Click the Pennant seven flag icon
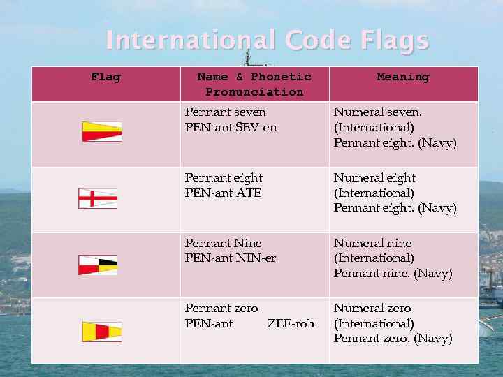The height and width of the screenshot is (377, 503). pos(102,132)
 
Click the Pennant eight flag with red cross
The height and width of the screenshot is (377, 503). pos(98,199)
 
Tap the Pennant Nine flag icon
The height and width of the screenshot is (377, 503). pos(98,265)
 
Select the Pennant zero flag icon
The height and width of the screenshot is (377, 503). pos(102,332)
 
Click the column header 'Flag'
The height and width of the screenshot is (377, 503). pos(105,77)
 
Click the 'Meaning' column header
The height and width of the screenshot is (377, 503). pos(403,77)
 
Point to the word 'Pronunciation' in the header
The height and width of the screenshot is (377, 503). pos(254,92)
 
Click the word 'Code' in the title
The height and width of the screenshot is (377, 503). pos(318,40)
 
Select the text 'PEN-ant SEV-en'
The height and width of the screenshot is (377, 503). pos(231,127)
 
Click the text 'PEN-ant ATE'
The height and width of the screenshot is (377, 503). pos(223,193)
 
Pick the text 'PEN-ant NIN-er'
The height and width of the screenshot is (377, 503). pos(230,258)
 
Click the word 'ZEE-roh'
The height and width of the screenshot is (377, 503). pos(291,323)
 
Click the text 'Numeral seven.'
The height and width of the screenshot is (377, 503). pos(378,112)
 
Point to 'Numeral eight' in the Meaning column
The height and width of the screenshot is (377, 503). pos(374,177)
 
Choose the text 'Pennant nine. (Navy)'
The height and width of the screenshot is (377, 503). pos(393,273)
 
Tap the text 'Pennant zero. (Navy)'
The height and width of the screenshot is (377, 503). pos(393,339)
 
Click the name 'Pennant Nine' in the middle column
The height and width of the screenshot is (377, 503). pos(223,243)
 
